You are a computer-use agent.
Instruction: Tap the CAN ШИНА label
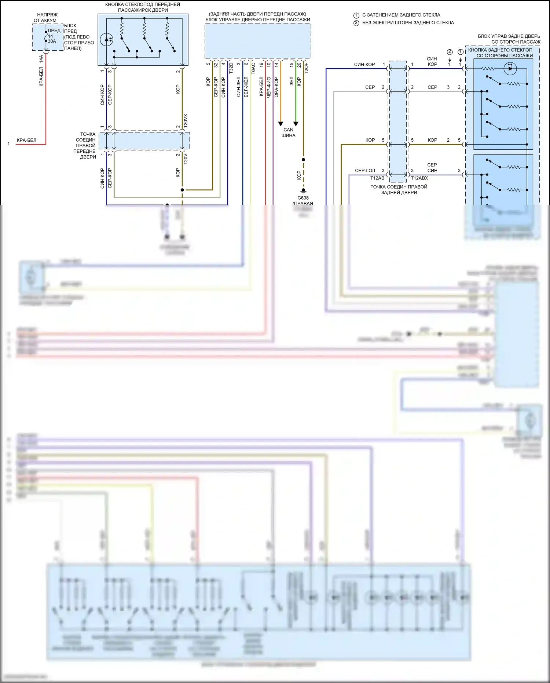289,132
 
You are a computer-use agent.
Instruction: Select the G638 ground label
303,198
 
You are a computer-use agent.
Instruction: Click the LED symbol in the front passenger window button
107,39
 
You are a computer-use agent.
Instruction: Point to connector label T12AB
377,178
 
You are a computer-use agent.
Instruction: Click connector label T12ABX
419,178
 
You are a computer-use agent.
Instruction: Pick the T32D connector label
231,69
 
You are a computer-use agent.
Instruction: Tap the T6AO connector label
253,69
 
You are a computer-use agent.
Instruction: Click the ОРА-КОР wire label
276,87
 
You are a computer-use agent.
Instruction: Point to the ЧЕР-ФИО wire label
269,87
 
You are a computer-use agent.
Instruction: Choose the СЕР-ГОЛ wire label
365,170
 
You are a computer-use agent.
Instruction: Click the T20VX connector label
186,120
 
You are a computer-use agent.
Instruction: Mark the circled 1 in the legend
356,15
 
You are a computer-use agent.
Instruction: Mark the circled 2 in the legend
356,23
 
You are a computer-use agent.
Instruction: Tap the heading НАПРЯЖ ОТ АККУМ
46,18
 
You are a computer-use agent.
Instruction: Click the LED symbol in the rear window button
510,68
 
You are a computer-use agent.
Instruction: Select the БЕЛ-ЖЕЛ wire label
246,87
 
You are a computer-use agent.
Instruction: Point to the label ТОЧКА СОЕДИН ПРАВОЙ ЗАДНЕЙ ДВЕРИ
399,189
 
